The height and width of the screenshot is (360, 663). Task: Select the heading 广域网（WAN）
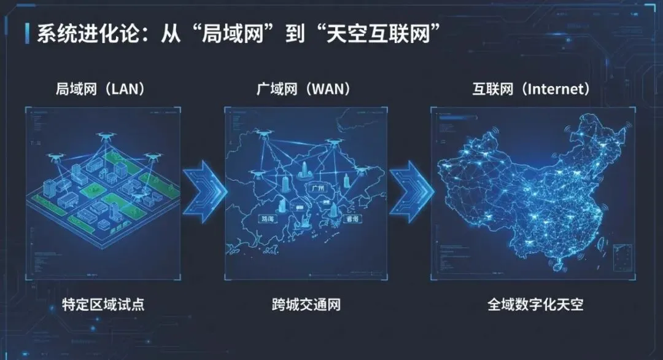pyautogui.click(x=304, y=89)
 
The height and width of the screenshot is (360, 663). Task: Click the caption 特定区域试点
pyautogui.click(x=103, y=304)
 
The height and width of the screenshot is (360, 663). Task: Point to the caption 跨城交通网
pyautogui.click(x=306, y=304)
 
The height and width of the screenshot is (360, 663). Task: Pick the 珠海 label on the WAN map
pyautogui.click(x=269, y=218)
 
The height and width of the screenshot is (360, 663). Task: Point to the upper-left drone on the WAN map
pyautogui.click(x=265, y=131)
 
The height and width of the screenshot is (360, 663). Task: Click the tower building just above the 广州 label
pyautogui.click(x=305, y=167)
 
